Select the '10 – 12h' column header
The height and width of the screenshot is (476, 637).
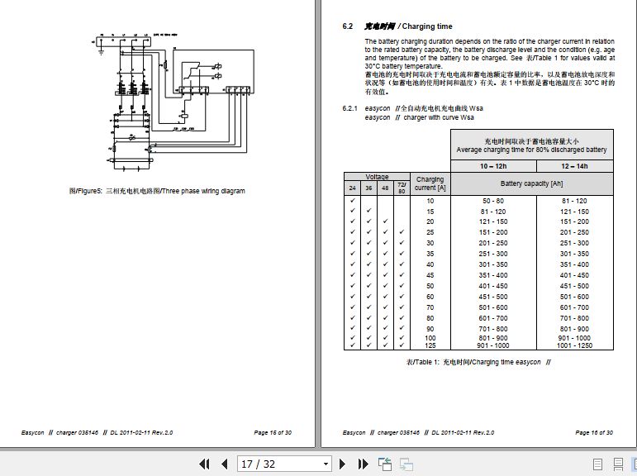click(x=492, y=166)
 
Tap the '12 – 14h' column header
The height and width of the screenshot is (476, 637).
click(x=573, y=166)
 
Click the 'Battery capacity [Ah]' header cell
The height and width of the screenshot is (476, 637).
click(x=533, y=183)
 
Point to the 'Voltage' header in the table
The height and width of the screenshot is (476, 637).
click(x=377, y=177)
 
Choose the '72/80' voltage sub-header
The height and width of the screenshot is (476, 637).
click(x=402, y=188)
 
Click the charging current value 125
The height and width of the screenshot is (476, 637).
click(x=430, y=345)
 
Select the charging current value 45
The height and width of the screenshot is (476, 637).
click(x=430, y=275)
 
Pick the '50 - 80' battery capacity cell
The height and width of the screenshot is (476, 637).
click(x=492, y=201)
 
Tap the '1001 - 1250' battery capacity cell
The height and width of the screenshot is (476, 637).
click(x=573, y=345)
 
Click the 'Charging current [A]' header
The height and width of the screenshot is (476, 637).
click(x=430, y=183)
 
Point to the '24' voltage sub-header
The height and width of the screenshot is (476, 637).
click(x=353, y=188)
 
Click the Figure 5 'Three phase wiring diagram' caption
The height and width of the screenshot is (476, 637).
click(x=157, y=191)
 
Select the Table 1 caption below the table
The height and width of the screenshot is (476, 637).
click(x=478, y=363)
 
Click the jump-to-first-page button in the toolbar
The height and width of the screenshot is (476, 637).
click(x=204, y=464)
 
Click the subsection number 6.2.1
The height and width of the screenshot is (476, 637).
click(x=350, y=108)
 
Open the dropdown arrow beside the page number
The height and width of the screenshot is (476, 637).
click(x=326, y=464)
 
